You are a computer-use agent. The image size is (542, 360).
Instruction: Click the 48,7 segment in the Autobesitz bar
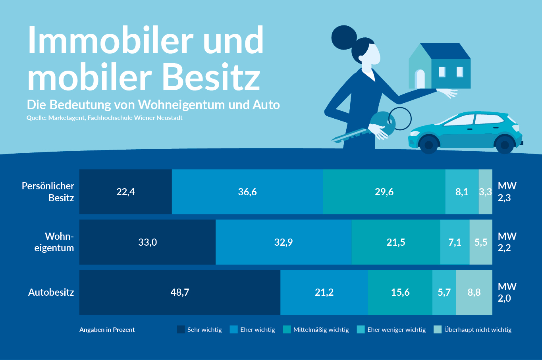[x=180, y=293]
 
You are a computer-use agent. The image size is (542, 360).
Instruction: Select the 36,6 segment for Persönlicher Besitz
[x=247, y=192]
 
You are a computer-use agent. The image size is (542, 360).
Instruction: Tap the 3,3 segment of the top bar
[x=485, y=192]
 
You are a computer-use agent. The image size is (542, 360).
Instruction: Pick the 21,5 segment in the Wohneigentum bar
[x=396, y=243]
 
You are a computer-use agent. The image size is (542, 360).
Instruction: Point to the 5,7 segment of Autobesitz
[x=444, y=293]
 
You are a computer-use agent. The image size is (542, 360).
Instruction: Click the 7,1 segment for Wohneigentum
[x=455, y=243]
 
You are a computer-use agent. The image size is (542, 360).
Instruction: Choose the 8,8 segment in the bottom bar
[x=474, y=293]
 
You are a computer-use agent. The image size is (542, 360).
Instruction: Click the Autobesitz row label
[x=51, y=293]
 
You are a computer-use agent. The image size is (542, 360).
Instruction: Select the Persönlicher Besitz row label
[x=48, y=192]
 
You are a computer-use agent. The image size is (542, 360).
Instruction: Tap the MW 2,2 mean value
[x=507, y=242]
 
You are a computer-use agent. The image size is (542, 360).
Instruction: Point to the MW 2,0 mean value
[x=507, y=293]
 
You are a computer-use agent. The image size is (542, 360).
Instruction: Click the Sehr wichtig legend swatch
[x=181, y=329]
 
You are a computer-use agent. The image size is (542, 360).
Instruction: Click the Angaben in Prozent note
[x=107, y=330]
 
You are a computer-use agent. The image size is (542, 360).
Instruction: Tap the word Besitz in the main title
[x=211, y=77]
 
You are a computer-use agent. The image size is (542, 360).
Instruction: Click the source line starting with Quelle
[x=104, y=118]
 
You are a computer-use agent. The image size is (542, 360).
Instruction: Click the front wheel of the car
[x=428, y=145]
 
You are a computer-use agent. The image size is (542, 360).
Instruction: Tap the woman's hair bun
[x=344, y=37]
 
